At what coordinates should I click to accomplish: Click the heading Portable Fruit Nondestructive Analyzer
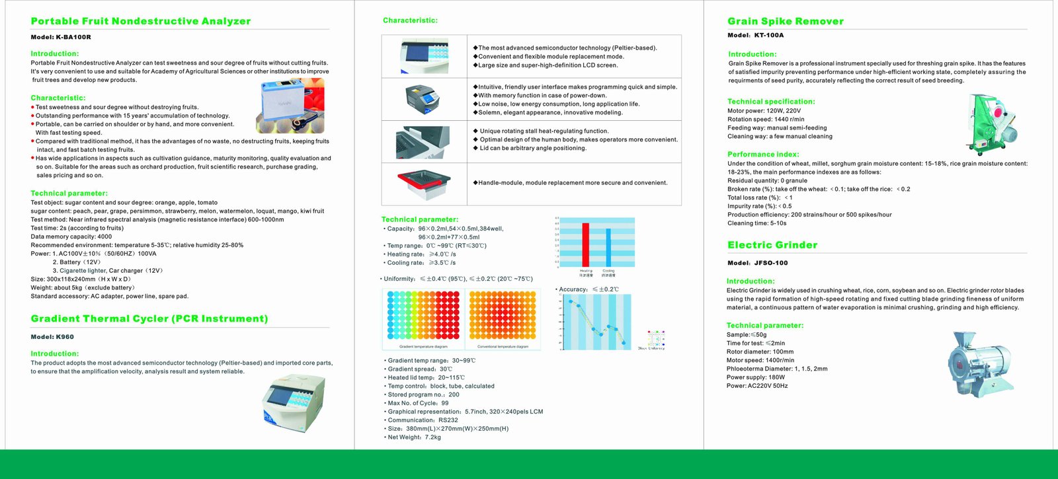(141, 21)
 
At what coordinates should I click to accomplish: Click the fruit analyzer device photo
(292, 105)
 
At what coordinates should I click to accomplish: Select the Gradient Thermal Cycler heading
(149, 318)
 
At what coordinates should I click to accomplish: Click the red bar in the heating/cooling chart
(585, 244)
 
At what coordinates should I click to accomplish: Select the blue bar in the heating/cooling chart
(608, 247)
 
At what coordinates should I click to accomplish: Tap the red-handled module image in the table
(424, 184)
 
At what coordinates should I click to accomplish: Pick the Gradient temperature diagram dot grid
(423, 316)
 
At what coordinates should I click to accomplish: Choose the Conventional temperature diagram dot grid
(503, 316)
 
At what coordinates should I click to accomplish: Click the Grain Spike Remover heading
(786, 21)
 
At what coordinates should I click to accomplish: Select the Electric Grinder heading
(772, 245)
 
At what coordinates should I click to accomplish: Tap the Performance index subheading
(763, 155)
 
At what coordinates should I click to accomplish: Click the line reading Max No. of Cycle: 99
(418, 403)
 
